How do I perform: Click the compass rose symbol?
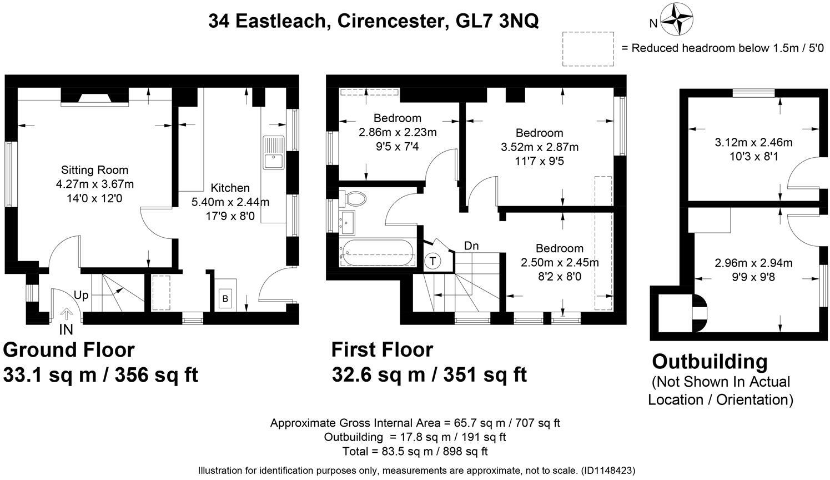tap(677, 19)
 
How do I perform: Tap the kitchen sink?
tap(273, 153)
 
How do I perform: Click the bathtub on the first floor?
tap(378, 252)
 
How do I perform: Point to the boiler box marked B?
tap(225, 299)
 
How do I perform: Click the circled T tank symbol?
tap(432, 261)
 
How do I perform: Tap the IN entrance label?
tap(66, 329)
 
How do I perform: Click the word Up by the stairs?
tap(81, 296)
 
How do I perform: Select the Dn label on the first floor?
tap(471, 246)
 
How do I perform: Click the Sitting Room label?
tap(94, 170)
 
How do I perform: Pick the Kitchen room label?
tap(230, 188)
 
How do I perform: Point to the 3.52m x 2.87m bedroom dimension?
tap(540, 147)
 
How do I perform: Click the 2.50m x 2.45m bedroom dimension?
tap(560, 262)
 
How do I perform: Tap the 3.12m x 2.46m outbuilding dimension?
tap(753, 142)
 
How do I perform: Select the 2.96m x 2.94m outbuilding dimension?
tap(753, 263)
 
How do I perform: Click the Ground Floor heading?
tap(69, 349)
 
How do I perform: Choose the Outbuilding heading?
tap(710, 362)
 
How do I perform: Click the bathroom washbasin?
tap(348, 222)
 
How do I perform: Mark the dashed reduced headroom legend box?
tap(588, 49)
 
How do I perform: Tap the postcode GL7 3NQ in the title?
tap(497, 21)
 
